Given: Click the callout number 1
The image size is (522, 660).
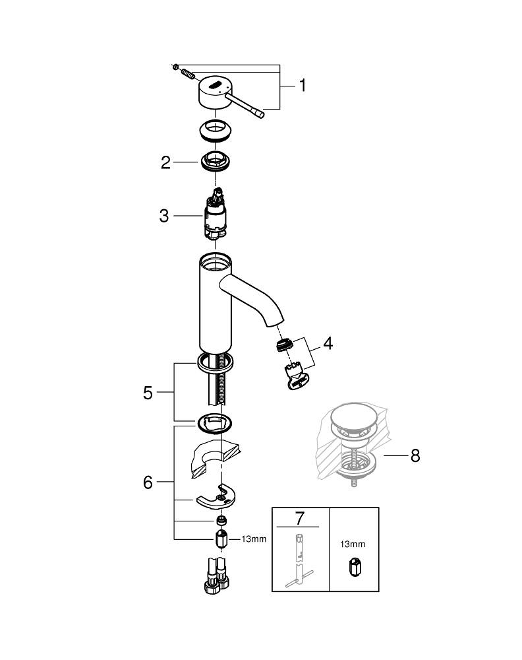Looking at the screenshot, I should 302,86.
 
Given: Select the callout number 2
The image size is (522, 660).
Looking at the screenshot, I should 166,162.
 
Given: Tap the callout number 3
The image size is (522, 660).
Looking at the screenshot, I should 164,216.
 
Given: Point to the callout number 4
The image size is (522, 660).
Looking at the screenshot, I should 327,344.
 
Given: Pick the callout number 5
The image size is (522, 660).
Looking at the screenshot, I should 148,393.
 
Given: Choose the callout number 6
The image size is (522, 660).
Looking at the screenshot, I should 148,482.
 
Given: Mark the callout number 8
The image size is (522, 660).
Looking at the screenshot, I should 415,456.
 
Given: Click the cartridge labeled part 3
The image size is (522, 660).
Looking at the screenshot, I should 216,214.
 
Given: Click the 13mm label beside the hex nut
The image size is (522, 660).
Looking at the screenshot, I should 254,539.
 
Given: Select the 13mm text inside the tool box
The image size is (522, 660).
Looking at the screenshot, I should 353,544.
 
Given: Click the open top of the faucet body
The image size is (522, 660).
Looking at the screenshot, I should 216,263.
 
